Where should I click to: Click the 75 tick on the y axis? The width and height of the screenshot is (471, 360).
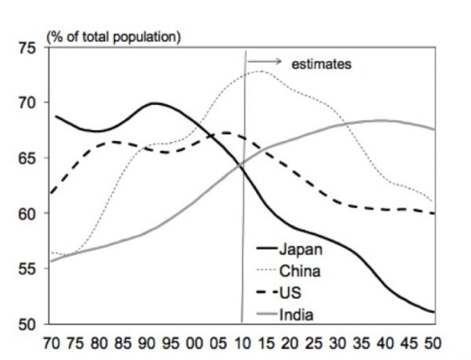click(x=28, y=48)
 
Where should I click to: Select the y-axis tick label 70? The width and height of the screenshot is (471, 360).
click(x=28, y=103)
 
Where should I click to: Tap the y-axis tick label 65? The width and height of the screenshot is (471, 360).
click(x=28, y=158)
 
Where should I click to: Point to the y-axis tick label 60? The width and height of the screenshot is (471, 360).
click(x=28, y=213)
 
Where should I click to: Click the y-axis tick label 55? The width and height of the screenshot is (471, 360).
click(x=28, y=268)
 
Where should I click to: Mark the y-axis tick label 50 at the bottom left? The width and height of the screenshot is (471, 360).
click(x=28, y=323)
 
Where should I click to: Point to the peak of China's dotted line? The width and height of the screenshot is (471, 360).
click(x=260, y=71)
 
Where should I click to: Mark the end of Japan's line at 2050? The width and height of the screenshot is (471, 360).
click(x=432, y=312)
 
